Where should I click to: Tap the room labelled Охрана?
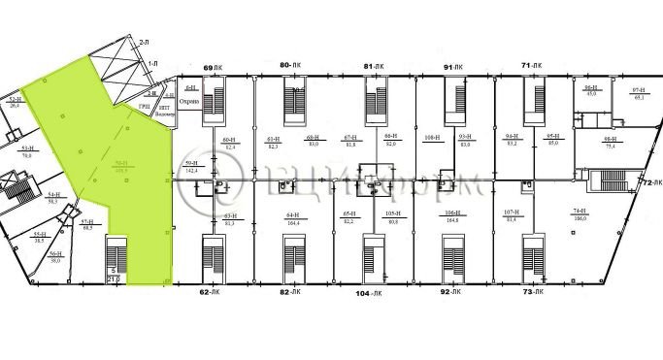(x=190, y=101)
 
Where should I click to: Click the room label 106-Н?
(x=451, y=214)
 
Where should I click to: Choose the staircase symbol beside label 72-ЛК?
(x=614, y=182)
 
